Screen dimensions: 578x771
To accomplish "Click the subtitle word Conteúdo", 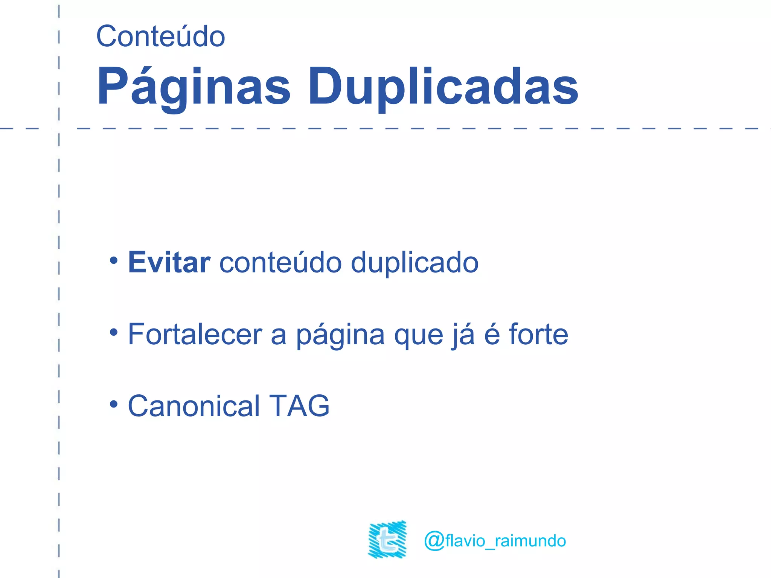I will pyautogui.click(x=161, y=37).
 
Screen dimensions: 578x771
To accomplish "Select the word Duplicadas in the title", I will pyautogui.click(x=443, y=87).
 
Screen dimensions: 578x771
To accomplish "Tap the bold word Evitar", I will pyautogui.click(x=169, y=262).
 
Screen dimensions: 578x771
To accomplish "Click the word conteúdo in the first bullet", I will pyautogui.click(x=280, y=262).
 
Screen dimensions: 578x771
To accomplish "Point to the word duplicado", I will pyautogui.click(x=414, y=262).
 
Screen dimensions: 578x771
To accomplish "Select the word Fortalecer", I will pyautogui.click(x=195, y=334).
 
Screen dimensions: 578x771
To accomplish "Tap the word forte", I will pyautogui.click(x=538, y=334).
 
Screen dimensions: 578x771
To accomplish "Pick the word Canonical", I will pyautogui.click(x=194, y=406).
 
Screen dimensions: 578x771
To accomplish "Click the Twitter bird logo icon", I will pyautogui.click(x=387, y=540).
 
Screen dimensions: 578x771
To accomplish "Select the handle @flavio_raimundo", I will pyautogui.click(x=495, y=541).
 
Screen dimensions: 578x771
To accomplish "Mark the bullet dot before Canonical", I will pyautogui.click(x=114, y=404).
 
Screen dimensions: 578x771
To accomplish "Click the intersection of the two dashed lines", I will pyautogui.click(x=59, y=129).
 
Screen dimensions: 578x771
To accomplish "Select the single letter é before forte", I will pyautogui.click(x=492, y=334).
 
